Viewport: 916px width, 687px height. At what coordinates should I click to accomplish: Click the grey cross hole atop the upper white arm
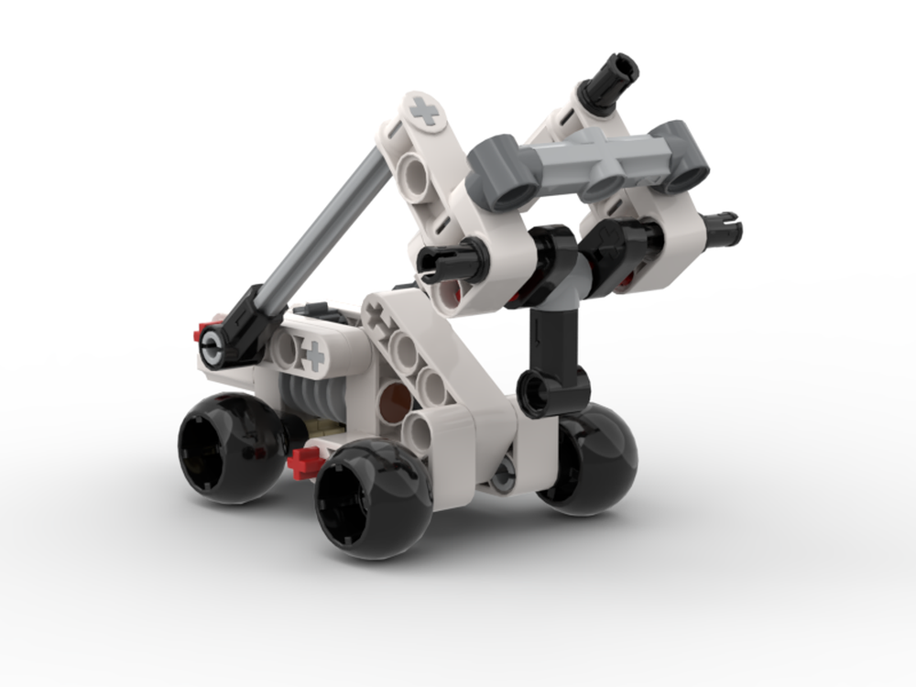(423, 113)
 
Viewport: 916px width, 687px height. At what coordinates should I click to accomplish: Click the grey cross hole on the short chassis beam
(313, 354)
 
